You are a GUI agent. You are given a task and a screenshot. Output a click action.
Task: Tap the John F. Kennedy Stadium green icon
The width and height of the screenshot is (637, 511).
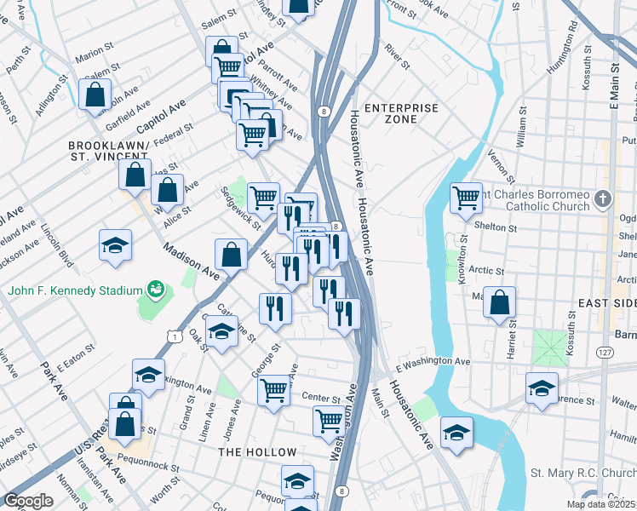pos(154,290)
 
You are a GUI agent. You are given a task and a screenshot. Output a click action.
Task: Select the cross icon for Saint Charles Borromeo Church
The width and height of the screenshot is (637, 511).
pos(603,200)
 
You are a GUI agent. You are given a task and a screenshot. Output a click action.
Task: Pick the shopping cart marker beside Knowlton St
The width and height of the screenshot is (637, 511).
pos(466,198)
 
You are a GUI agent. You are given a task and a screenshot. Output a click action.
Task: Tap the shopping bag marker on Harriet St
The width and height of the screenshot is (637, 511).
pos(499,302)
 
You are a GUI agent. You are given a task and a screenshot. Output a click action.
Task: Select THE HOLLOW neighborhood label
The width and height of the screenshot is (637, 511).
pos(258,452)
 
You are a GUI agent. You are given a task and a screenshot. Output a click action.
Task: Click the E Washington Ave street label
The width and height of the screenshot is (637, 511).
pos(432,362)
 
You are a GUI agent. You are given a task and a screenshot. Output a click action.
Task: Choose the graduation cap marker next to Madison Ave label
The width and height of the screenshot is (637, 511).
pos(116,246)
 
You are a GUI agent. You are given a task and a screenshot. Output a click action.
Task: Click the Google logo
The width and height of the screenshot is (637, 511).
pos(28,501)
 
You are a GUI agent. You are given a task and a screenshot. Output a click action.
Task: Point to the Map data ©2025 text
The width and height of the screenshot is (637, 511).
pos(600,505)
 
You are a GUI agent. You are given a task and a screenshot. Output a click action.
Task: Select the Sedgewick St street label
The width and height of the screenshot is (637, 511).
pos(238,207)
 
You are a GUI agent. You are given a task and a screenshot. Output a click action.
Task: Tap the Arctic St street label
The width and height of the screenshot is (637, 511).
pos(488,271)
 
